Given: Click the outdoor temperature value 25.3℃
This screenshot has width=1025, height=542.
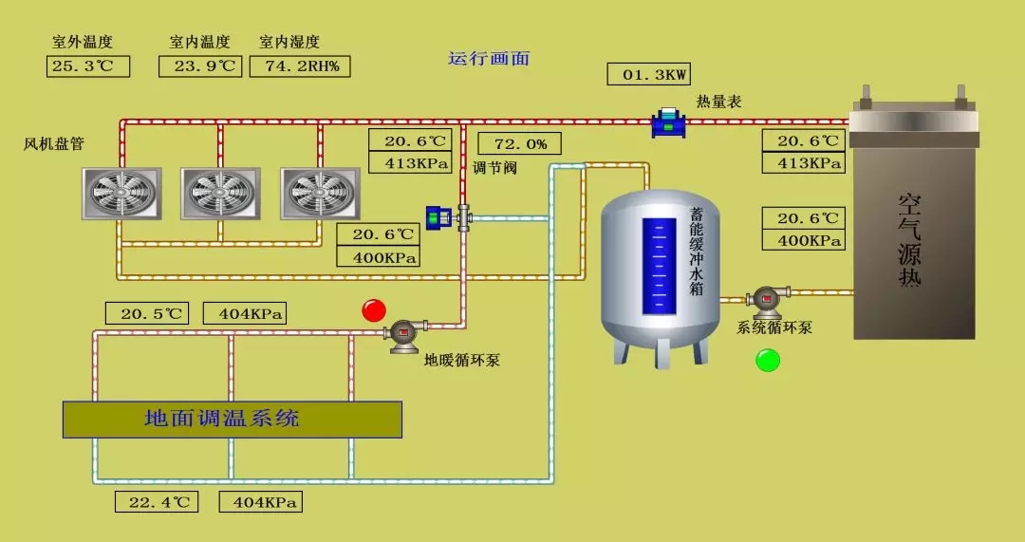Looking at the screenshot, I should [x=87, y=66].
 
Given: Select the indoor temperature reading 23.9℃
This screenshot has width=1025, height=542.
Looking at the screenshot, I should [x=200, y=66].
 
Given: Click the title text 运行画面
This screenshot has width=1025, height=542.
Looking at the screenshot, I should [x=489, y=58].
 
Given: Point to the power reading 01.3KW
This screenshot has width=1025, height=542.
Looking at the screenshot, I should [x=648, y=74].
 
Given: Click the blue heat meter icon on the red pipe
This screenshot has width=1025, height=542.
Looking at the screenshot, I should [x=669, y=122].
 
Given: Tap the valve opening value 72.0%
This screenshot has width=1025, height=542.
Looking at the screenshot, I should [x=519, y=144].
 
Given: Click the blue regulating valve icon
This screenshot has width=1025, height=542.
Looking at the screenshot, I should [x=439, y=217].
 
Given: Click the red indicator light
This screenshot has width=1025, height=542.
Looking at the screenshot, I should [x=374, y=310].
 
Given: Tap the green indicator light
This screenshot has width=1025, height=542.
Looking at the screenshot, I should [x=767, y=361].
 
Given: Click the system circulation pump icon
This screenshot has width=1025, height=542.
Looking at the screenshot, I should [x=767, y=301].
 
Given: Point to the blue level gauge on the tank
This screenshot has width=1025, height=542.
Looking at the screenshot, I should [x=660, y=267].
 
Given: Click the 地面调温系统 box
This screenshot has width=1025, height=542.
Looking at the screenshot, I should [x=233, y=419].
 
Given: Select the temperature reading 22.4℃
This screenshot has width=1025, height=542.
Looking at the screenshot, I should [x=157, y=502].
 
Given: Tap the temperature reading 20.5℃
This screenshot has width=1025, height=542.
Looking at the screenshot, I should [x=147, y=314].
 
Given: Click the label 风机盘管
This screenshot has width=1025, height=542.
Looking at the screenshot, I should [x=54, y=144].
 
